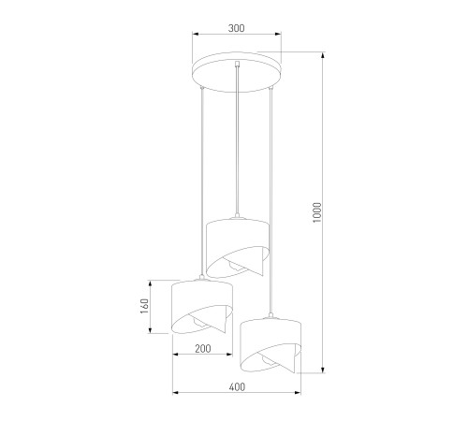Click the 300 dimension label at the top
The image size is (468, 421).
point(237,28)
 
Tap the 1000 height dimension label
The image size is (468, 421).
point(317,212)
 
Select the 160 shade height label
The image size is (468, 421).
point(144,306)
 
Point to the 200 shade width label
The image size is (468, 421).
point(203,348)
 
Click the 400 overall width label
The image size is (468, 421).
point(237,387)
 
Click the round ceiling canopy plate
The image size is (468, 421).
point(237,72)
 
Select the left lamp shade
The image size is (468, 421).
point(202,307)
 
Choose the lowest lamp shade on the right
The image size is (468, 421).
point(271,345)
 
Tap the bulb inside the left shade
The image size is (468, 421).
point(198,322)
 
